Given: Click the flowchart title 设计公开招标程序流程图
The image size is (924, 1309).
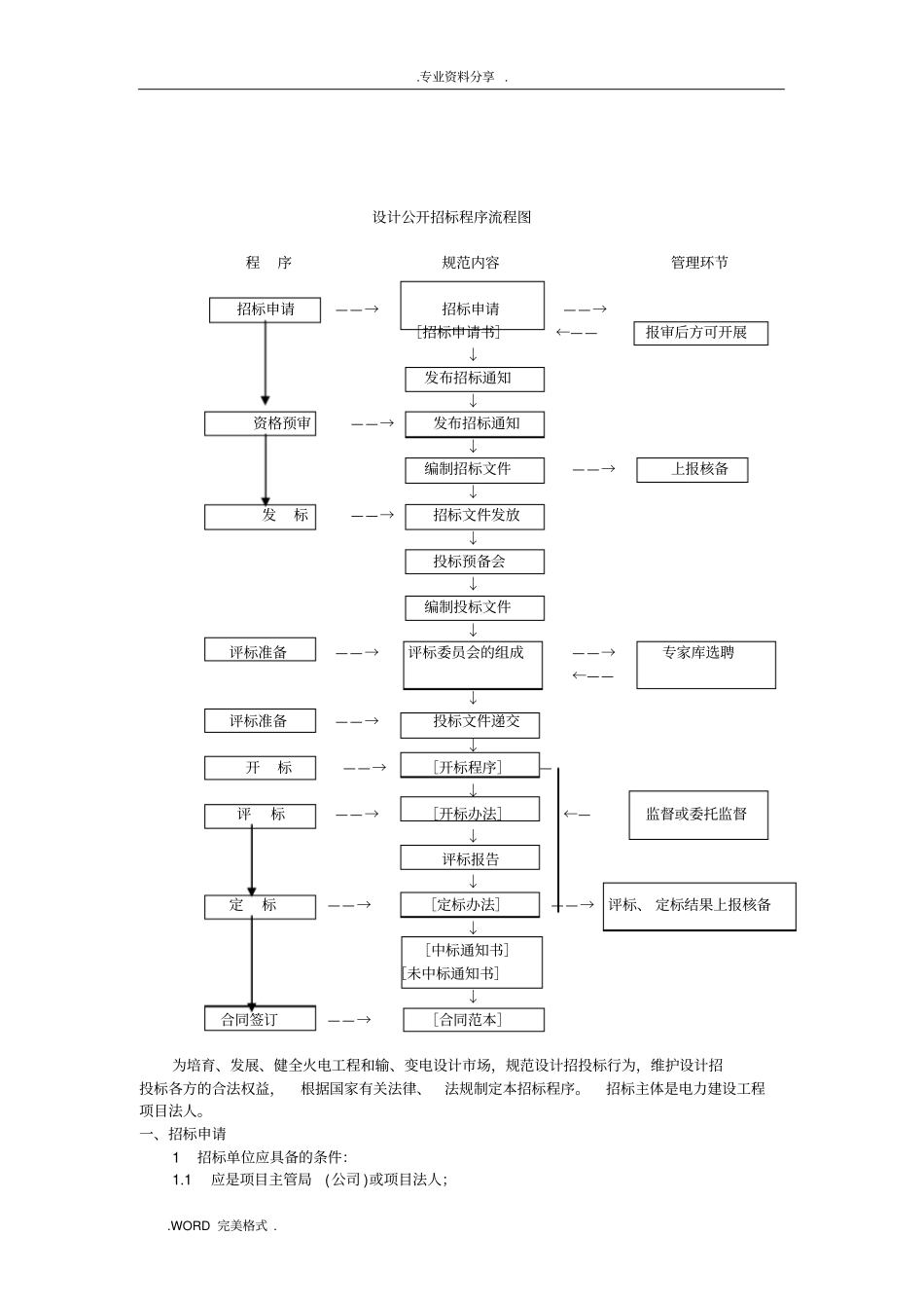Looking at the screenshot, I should coord(452,217).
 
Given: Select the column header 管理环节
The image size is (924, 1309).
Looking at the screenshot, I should coord(699,263).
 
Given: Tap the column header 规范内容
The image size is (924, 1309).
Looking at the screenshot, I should coord(471,263).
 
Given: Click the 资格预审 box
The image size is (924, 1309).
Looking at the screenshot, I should coord(261,423).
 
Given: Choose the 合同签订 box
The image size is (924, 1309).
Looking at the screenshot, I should coord(261,1019).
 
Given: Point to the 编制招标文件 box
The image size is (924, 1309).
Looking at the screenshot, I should coord(475,469).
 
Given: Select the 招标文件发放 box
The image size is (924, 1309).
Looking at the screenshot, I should coord(475,516).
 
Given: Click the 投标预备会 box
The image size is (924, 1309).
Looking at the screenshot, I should coord(475,562).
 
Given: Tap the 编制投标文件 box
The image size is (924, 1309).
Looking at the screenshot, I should coord(475,607).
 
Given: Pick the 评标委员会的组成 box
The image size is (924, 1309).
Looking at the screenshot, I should coord(473,665).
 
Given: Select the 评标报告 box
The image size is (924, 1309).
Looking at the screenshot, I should coord(471,858).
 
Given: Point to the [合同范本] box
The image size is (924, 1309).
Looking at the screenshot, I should coord(474,1020).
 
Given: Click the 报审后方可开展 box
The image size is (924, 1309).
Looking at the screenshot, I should coord(700,333).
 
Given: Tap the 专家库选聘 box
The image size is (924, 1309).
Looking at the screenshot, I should coord(706,665).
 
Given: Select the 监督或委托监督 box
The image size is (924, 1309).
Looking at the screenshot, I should coord(698,815).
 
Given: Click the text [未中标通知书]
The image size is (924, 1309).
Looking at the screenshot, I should coord(451,973).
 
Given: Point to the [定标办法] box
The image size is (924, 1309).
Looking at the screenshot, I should coord(470,905).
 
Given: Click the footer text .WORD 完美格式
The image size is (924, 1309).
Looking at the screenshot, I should coord(223,1226).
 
